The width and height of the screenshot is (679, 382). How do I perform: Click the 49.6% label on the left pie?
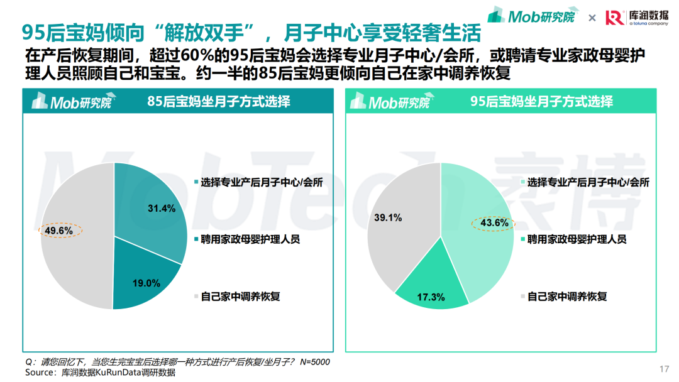pos(59,231)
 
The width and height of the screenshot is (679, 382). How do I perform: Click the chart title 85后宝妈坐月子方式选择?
pos(219,101)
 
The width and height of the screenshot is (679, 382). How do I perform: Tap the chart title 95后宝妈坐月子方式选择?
pos(541,101)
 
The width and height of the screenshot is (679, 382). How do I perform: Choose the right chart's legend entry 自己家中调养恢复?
pos(567,296)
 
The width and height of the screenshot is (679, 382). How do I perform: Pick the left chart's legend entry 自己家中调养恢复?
pos(240,296)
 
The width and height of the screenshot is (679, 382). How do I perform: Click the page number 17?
pos(664,369)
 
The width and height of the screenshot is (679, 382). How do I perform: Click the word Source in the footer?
pos(40,373)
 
